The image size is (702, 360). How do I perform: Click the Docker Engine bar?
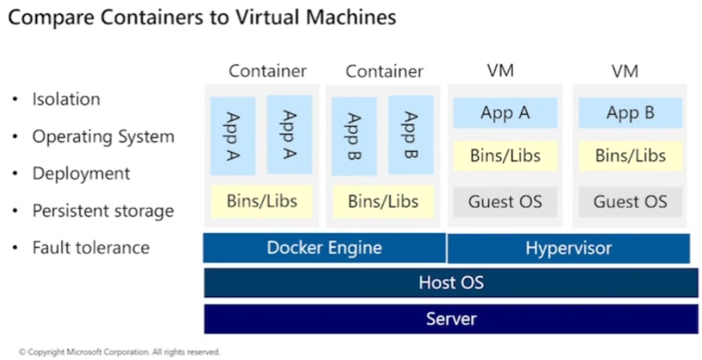pos(324,248)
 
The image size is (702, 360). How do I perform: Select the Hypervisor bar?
pos(568,249)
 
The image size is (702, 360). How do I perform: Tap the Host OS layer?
pos(451,283)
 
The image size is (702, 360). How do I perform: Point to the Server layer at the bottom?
pos(451,318)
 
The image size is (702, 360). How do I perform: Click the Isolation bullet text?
pos(66,99)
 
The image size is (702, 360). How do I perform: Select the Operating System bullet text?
pos(103,137)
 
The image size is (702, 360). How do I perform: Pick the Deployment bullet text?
pos(81,174)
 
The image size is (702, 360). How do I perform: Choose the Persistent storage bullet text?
pos(103,211)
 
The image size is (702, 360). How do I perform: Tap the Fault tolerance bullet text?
pos(91,247)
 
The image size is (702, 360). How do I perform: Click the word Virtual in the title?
pos(266,17)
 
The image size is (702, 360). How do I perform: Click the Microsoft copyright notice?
pos(120,351)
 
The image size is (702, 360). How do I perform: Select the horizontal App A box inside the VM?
pos(505,113)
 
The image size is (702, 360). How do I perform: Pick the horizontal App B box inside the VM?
pos(630,113)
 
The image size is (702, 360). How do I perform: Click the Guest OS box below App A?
pos(505,202)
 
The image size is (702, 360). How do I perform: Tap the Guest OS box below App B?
pos(630,202)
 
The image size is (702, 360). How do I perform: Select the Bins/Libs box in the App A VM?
pos(505,156)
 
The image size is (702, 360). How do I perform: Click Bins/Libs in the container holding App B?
pos(383,201)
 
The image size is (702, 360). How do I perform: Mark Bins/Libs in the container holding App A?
pos(262,201)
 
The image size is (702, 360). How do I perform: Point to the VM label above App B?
pos(625,72)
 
